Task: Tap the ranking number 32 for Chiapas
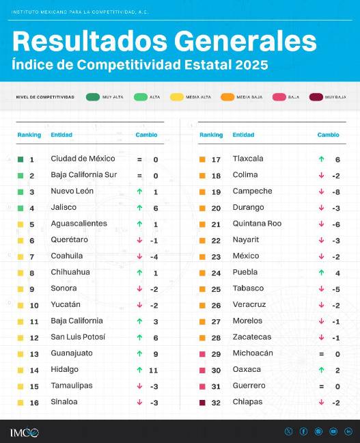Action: click(216, 403)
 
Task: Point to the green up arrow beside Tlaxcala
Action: click(321, 159)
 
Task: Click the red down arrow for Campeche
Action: click(321, 191)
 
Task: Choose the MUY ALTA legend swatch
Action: click(93, 97)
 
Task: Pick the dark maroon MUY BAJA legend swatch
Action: click(315, 97)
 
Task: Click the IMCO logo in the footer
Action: click(25, 432)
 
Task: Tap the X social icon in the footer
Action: click(288, 431)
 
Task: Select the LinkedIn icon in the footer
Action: click(348, 431)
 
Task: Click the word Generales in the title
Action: click(245, 41)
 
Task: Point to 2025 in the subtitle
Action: click(249, 65)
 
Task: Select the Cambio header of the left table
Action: click(146, 135)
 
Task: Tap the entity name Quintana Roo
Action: click(257, 224)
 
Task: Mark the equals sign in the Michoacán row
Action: click(321, 353)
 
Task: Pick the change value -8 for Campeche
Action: click(337, 191)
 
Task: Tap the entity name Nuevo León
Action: click(72, 191)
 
